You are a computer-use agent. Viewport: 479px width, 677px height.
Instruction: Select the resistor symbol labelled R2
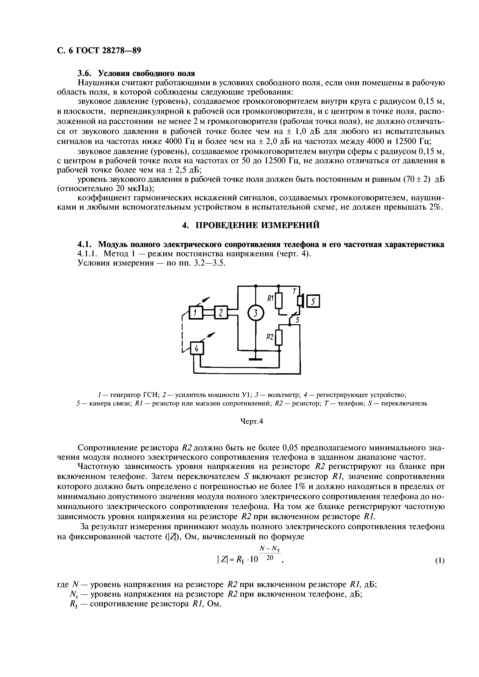(x=279, y=338)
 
